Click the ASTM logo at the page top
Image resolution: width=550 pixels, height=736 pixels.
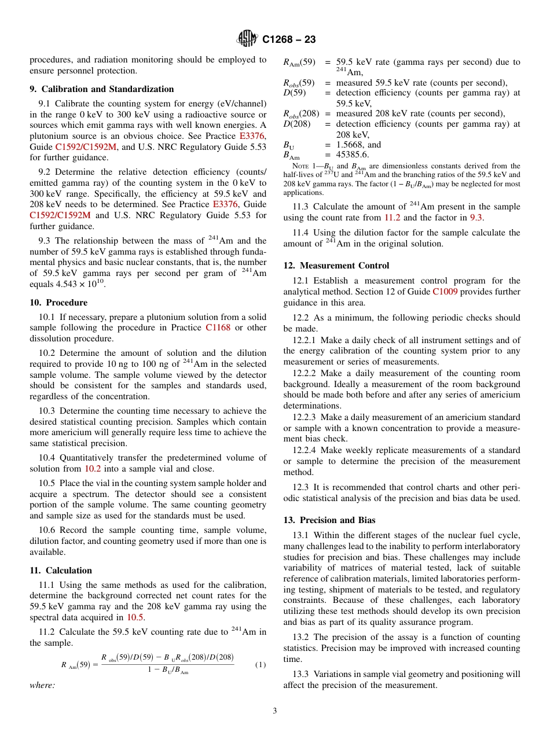pos(248,39)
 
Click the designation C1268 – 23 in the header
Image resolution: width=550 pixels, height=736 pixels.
pos(289,40)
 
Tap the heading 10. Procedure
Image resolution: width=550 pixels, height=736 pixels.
pos(58,303)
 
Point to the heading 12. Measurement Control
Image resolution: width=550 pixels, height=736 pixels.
pos(336,266)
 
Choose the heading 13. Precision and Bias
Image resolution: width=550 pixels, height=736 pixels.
pos(329,520)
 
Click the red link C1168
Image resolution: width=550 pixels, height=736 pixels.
pos(218,328)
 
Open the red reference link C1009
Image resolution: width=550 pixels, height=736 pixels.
pos(445,292)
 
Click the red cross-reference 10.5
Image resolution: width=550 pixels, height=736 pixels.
pos(135,617)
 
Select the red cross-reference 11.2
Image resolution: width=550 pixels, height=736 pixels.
pos(392,218)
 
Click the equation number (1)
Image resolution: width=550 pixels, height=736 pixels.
pos(260,665)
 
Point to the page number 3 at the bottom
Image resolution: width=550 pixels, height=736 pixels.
pos(275,711)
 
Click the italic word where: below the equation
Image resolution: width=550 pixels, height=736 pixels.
pos(42,685)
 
